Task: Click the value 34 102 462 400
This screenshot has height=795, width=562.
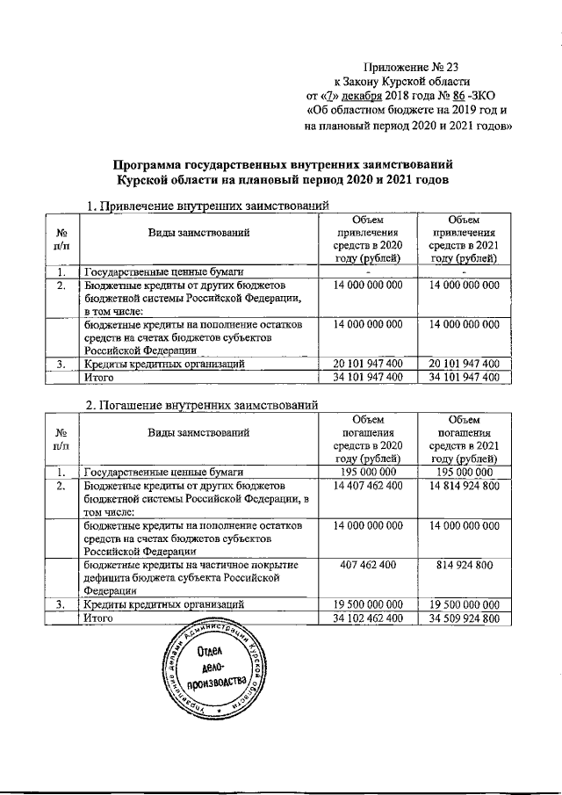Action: click(368, 619)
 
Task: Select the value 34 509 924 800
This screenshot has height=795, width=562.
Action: click(462, 619)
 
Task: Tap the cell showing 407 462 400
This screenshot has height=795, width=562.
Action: click(368, 564)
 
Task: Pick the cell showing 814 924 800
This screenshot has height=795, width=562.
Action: click(462, 564)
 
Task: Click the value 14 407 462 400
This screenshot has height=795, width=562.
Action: click(368, 486)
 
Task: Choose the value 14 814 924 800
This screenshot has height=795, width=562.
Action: click(462, 486)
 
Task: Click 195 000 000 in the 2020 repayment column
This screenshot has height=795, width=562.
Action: click(368, 472)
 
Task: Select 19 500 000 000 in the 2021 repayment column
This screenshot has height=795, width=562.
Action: click(462, 604)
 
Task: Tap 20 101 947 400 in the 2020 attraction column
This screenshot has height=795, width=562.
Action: click(368, 364)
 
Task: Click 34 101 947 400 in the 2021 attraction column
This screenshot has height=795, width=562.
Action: click(462, 377)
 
